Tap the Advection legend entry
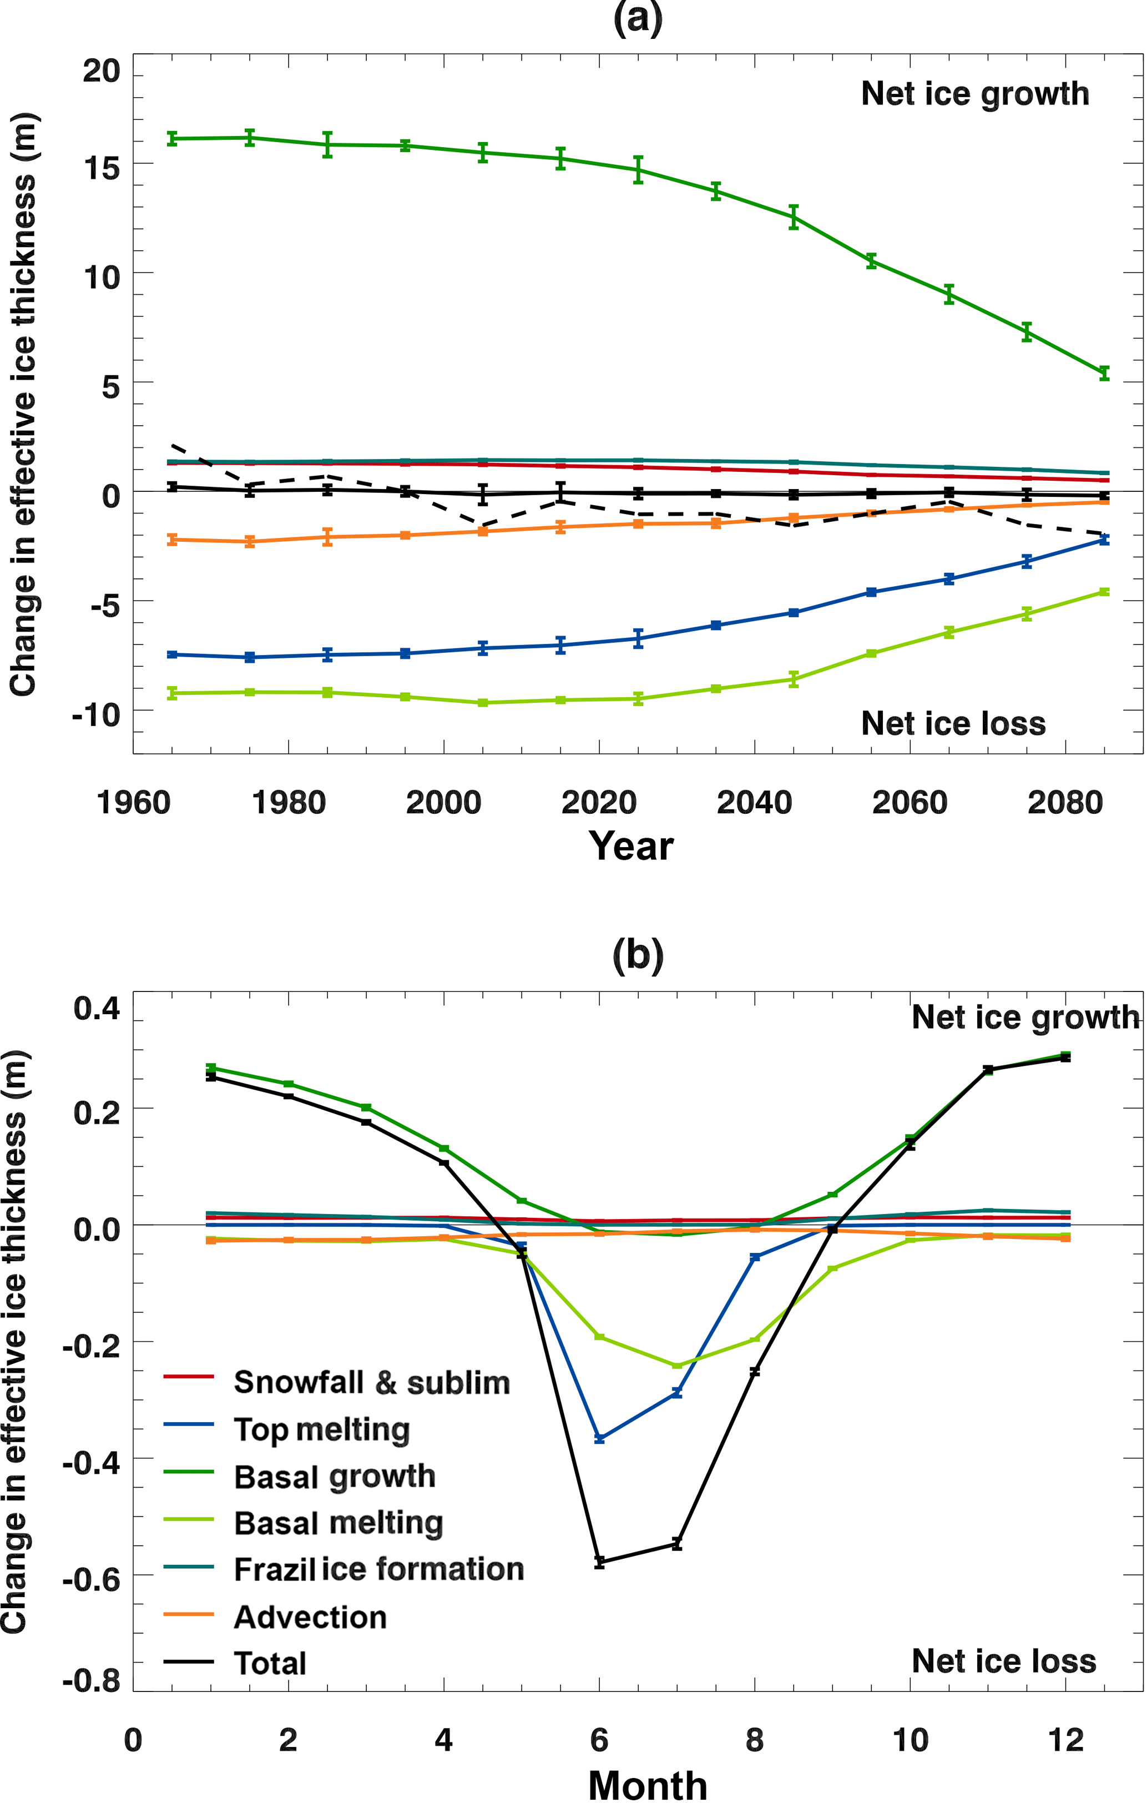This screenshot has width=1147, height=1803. coord(310,1617)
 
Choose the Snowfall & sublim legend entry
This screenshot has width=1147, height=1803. coord(371,1382)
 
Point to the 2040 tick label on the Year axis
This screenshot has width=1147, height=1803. coord(754,803)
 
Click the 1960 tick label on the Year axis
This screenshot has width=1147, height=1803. coord(133,803)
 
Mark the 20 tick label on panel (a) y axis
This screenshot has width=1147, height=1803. coord(101,71)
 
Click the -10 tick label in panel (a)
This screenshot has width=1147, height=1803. coord(96,715)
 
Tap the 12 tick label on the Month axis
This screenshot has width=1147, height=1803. coord(1065,1740)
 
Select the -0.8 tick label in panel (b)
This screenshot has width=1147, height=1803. coord(92,1681)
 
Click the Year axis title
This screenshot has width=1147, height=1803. coord(630,846)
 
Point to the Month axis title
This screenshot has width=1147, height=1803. coord(648,1786)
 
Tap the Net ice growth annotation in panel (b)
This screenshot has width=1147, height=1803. coord(1025,1018)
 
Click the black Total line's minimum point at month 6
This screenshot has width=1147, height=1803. coord(599,1562)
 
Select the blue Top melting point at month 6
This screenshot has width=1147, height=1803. coord(599,1439)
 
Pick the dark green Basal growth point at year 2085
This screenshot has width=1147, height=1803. coord(1104,373)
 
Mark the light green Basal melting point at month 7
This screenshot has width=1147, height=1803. coord(677,1366)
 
